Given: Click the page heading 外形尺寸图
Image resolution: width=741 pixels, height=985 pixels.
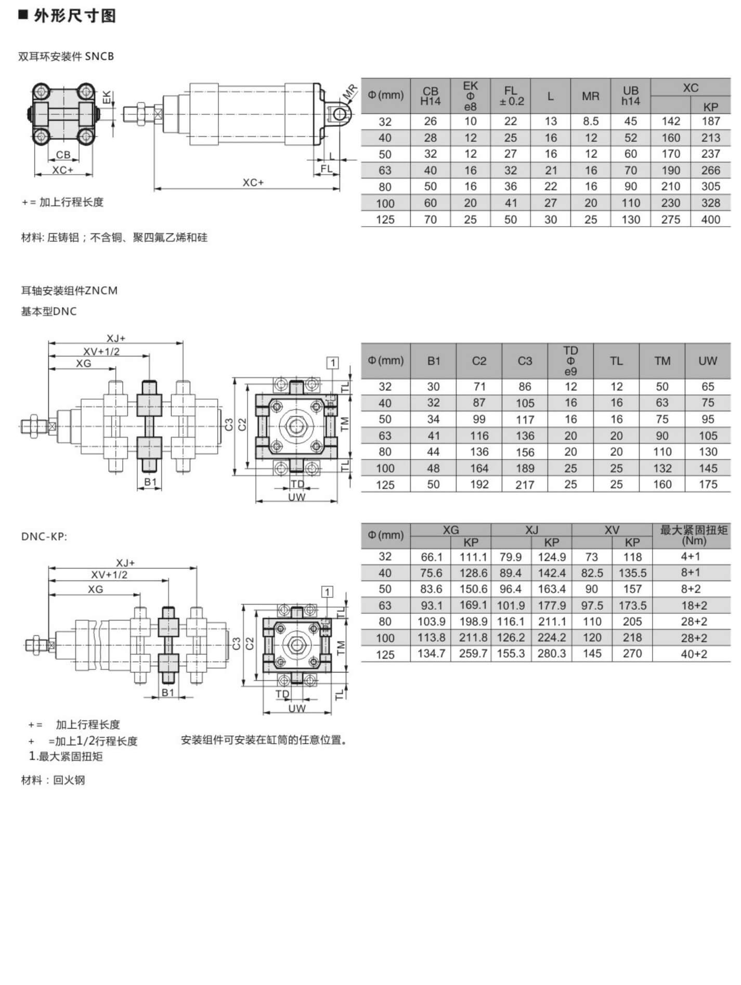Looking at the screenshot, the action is tap(75, 16).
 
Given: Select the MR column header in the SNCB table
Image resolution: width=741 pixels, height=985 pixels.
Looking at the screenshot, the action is tap(590, 96).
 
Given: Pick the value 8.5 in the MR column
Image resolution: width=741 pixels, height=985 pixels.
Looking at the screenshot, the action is tap(590, 121).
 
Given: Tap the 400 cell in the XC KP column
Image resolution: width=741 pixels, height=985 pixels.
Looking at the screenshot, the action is tap(710, 219).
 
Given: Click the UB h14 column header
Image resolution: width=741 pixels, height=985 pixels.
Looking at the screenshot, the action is tap(630, 96).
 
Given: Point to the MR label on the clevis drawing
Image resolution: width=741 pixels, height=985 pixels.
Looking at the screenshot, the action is tap(350, 93).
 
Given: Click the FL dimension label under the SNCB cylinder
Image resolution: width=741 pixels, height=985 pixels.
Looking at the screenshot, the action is tap(326, 169).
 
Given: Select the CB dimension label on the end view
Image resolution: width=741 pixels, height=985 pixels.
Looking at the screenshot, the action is tap(63, 155).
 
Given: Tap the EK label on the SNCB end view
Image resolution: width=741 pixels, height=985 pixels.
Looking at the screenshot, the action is tap(106, 97).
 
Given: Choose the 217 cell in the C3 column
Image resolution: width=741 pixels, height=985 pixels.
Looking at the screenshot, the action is tap(525, 484).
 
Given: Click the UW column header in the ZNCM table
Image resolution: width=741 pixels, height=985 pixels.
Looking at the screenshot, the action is tap(707, 361).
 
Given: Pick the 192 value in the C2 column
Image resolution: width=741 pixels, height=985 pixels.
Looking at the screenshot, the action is tap(479, 484).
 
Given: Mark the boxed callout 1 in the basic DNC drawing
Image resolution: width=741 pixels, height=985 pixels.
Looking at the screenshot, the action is tap(332, 362).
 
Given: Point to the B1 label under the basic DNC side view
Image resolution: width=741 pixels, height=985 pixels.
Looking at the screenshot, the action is tap(150, 482).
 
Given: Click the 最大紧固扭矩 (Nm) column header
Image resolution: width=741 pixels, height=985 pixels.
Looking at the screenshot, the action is tap(693, 535).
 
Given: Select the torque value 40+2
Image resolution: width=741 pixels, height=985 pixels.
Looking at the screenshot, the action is tap(693, 654).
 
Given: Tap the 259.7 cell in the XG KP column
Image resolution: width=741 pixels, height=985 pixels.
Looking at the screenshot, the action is tap(473, 654).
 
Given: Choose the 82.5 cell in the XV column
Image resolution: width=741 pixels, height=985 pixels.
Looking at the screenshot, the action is tap(592, 573).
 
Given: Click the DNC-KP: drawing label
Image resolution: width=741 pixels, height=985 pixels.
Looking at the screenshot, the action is tap(44, 536).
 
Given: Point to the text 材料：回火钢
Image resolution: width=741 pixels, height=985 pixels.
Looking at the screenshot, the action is tap(53, 780).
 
